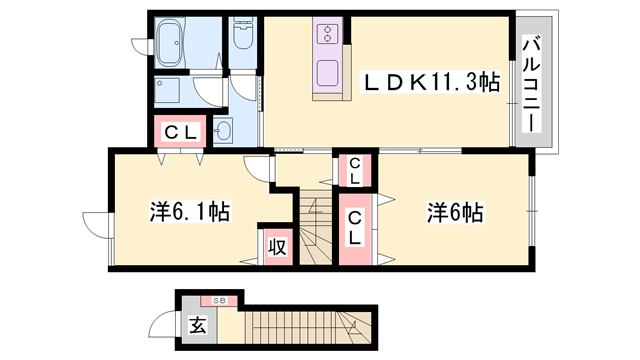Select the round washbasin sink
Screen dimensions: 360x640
(222, 131)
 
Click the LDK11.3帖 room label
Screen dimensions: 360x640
(430, 84)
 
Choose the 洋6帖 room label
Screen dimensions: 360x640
(456, 212)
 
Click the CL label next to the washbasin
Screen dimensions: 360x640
(179, 130)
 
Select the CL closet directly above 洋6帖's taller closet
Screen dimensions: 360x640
(355, 171)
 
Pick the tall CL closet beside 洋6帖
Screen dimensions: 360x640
(355, 230)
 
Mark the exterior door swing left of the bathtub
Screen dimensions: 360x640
(140, 44)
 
